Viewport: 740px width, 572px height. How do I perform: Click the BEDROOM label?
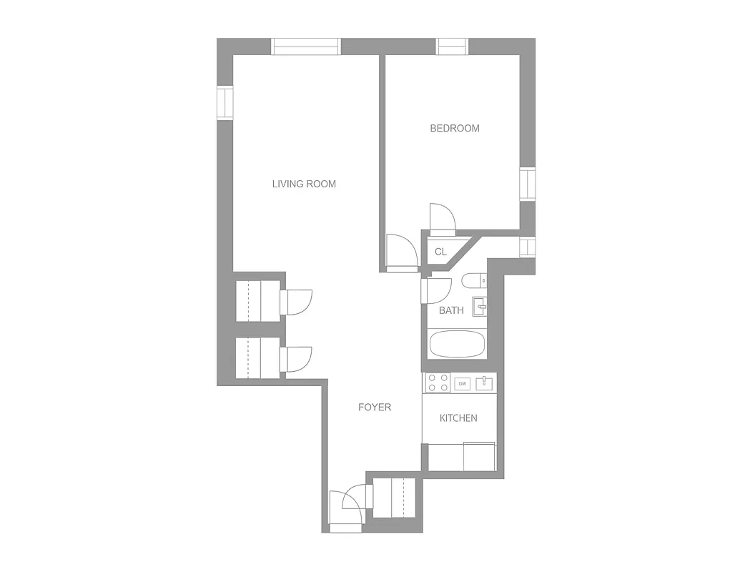coord(454,129)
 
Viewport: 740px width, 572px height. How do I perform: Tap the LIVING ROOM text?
coord(304,184)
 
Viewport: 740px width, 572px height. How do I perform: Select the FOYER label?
coord(375,408)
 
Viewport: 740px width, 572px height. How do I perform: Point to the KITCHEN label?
coord(458,418)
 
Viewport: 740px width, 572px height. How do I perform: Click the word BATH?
coord(451,310)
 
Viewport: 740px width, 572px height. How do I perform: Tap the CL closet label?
coord(440,252)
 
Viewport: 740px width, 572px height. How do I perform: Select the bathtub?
coord(458,345)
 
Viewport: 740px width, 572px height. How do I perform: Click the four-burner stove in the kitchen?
coord(438,383)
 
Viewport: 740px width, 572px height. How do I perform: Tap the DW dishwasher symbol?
coord(463,384)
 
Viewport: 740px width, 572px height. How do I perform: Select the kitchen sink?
coord(485,383)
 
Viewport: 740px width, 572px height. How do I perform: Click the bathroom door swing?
coord(436,291)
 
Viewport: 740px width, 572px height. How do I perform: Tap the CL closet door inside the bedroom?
coord(441,218)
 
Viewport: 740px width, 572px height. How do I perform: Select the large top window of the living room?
coord(306,46)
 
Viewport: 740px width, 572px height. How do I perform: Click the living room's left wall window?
coord(225,103)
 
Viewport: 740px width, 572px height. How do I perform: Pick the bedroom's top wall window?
coord(452,46)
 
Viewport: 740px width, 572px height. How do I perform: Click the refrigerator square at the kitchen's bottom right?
coord(479,457)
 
